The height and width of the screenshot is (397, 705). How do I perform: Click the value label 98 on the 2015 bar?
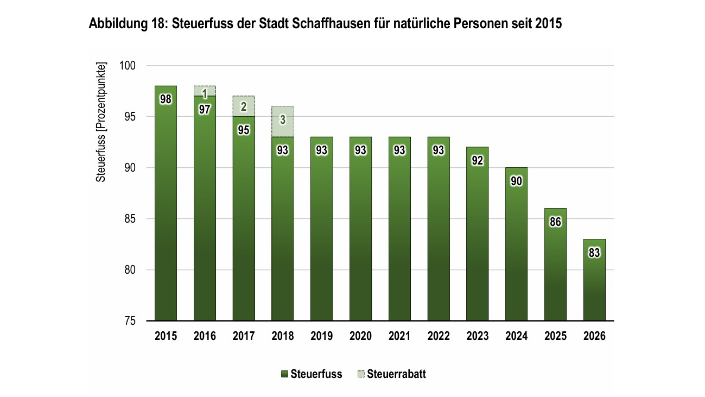click(x=166, y=99)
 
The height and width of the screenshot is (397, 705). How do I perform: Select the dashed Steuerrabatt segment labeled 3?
click(x=283, y=121)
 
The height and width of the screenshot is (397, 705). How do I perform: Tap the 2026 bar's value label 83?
click(x=594, y=253)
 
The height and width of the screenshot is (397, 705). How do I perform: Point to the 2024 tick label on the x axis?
click(x=516, y=337)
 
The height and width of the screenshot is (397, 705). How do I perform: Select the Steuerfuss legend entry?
click(x=312, y=374)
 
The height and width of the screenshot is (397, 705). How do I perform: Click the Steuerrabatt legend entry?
click(x=392, y=374)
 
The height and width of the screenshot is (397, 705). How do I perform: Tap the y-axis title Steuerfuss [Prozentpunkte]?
click(x=101, y=122)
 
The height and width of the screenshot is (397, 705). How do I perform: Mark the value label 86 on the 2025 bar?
click(x=555, y=222)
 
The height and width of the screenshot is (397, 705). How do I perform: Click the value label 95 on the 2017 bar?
click(x=244, y=130)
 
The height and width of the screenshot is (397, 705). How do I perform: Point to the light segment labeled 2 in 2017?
click(x=244, y=106)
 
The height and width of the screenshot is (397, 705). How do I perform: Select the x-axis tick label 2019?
click(x=322, y=337)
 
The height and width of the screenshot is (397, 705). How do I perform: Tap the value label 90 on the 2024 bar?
click(x=516, y=181)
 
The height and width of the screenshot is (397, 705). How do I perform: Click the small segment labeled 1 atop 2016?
click(x=205, y=91)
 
